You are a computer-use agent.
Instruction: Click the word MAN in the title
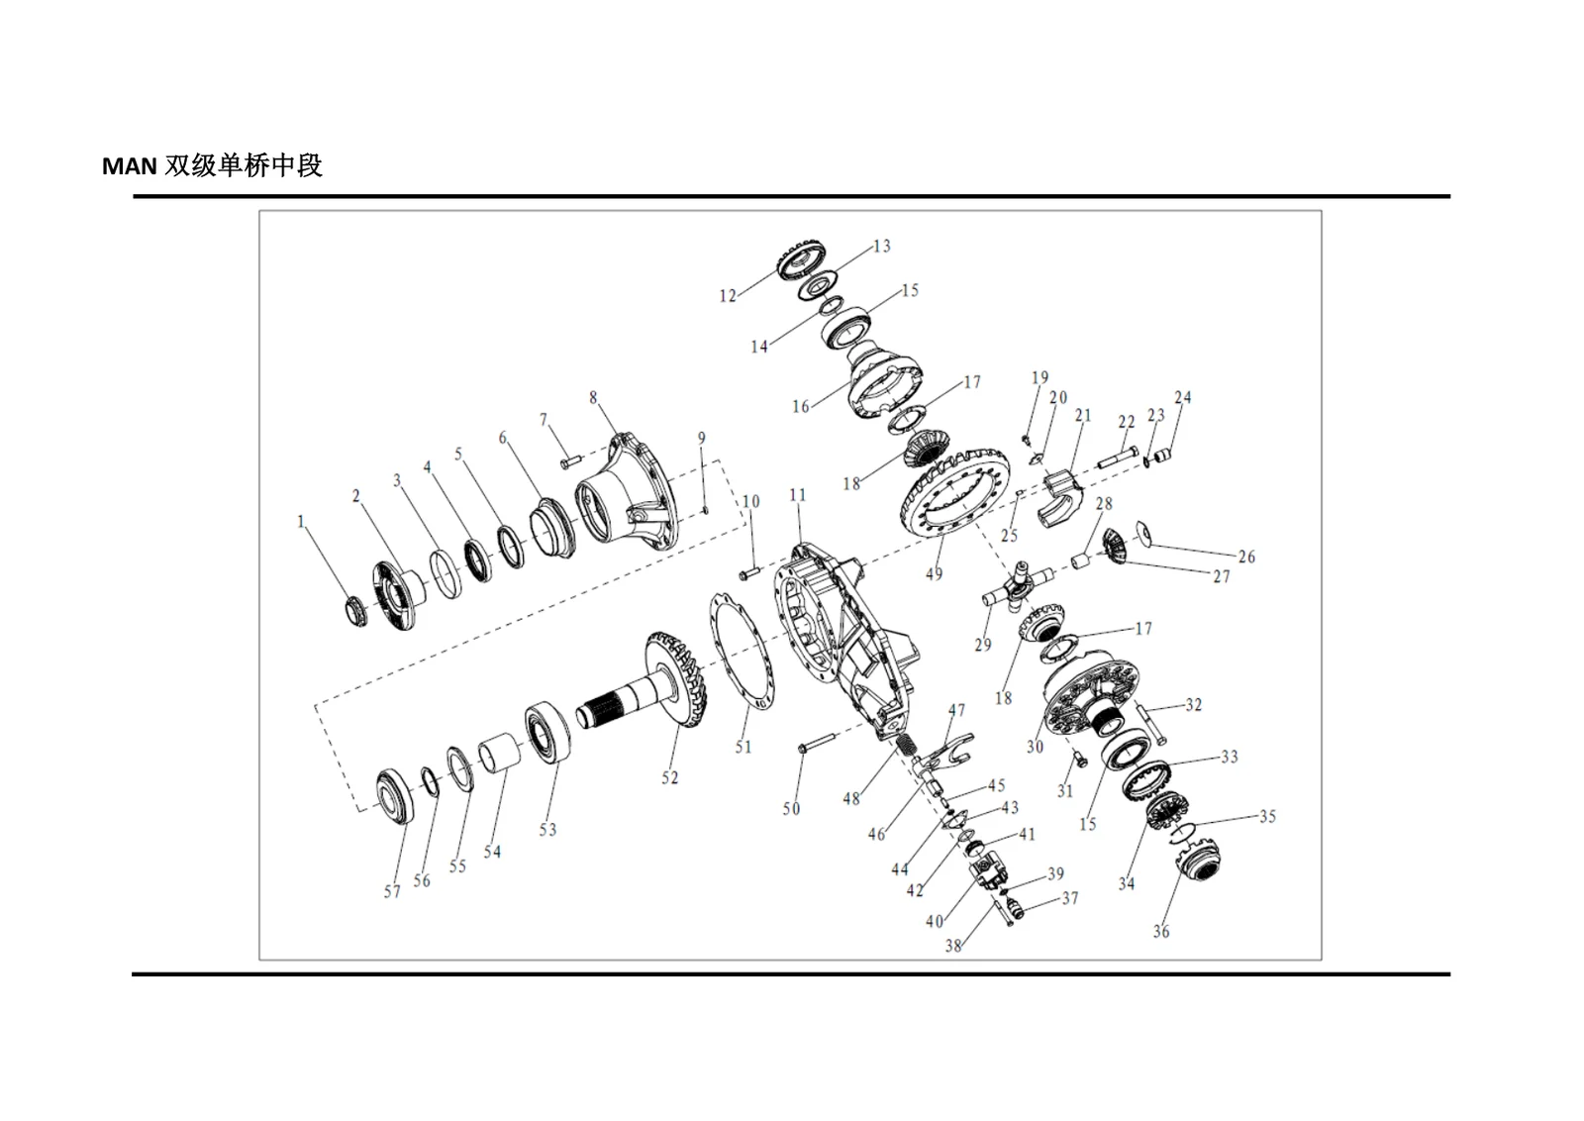coord(130,166)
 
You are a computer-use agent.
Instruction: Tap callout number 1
coord(301,522)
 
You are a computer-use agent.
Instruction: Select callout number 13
coord(882,247)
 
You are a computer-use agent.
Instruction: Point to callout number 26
coord(1246,558)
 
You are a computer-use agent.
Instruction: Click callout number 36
coord(1161,932)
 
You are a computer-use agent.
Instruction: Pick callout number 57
coord(392,892)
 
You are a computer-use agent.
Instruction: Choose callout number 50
coord(791,808)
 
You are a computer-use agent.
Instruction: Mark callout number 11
coord(798,495)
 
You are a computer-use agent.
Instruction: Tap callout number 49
coord(935,573)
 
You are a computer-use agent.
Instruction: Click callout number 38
coord(953,946)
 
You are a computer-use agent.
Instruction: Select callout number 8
coord(593,398)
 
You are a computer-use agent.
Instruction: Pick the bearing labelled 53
coord(548,731)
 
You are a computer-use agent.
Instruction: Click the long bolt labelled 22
coord(1118,458)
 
